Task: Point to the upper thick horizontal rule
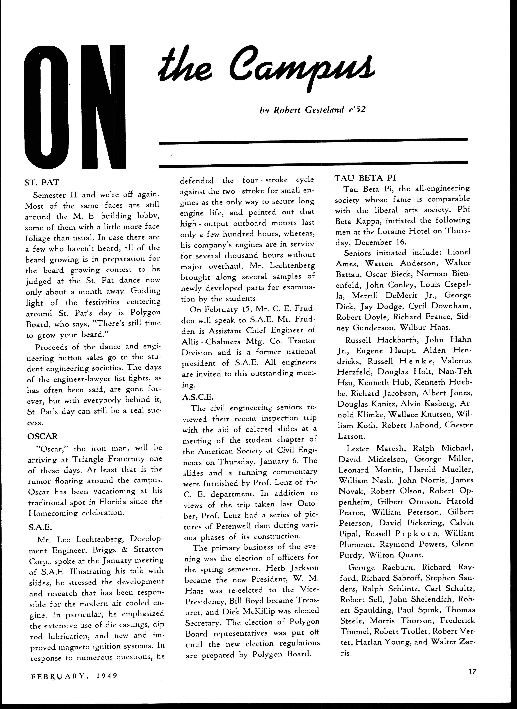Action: coord(313,142)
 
